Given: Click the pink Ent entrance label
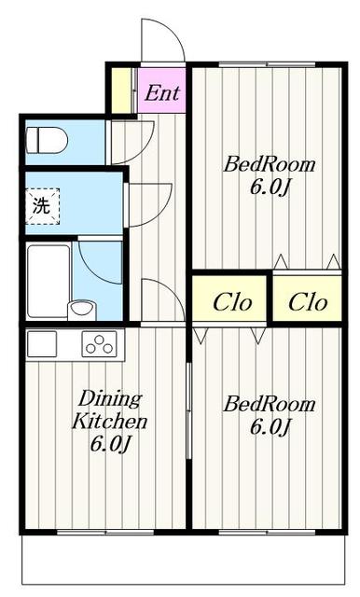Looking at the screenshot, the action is [x=162, y=93].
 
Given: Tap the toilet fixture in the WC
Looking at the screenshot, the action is [x=47, y=140].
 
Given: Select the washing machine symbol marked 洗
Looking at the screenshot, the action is [x=43, y=206].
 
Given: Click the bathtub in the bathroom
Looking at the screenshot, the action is [x=48, y=281].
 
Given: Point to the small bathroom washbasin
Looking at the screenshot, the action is [x=82, y=310].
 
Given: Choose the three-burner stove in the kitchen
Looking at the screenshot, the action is [x=99, y=343].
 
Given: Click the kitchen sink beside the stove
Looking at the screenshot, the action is [x=42, y=344].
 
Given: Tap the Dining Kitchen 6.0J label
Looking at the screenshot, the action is [x=110, y=421].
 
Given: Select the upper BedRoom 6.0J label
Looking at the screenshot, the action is [x=269, y=175].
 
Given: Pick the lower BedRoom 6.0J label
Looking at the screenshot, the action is [x=269, y=414].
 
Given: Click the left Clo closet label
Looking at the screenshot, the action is [x=232, y=302].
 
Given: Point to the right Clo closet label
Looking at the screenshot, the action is [x=308, y=302].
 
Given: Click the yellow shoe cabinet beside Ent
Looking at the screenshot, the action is [x=121, y=90].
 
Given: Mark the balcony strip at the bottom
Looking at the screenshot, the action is [x=183, y=560].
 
